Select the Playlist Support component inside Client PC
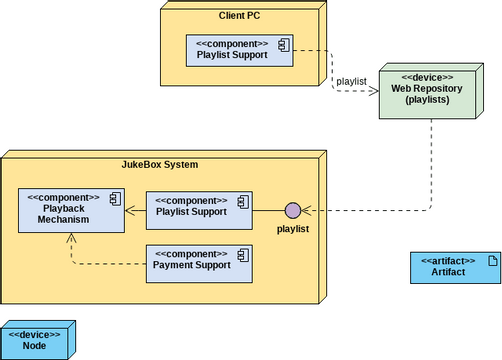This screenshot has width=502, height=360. tap(238, 51)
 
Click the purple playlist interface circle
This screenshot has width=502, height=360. tap(293, 210)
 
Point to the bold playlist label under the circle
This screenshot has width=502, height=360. tap(293, 229)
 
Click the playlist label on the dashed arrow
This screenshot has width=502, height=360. tap(351, 80)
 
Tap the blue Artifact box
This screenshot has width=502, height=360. tap(454, 266)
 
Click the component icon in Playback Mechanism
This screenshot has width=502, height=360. tap(114, 200)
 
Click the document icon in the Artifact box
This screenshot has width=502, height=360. tap(490, 260)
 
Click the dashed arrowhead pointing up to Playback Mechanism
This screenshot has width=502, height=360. tap(71, 238)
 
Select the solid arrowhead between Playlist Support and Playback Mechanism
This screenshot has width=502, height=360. tap(130, 210)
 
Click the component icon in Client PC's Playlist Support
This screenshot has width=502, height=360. tap(283, 44)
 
